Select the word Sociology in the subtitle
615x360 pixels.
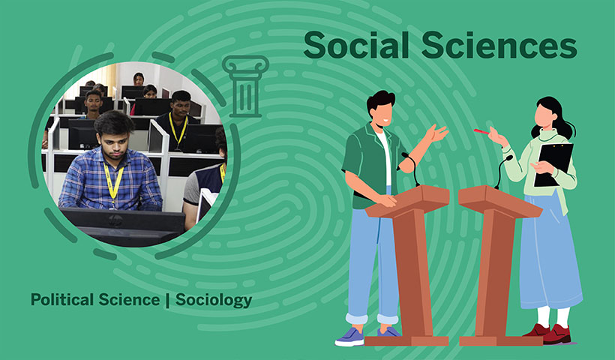coord(214,301)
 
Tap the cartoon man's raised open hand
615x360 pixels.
coord(436,133)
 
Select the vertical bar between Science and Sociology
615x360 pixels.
coord(168,301)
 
